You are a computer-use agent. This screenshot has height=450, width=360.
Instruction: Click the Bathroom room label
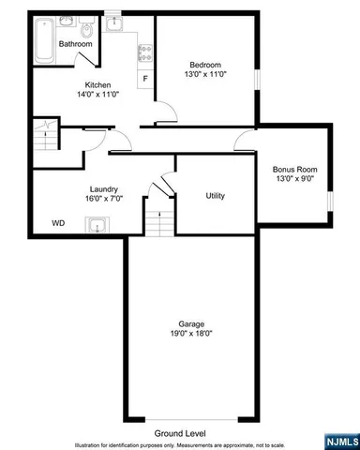pos(75,44)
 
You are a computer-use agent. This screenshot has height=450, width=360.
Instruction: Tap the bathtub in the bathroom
pos(44,38)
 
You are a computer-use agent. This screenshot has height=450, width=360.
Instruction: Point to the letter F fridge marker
pos(144,78)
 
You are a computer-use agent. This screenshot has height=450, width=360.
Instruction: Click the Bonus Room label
pos(294,170)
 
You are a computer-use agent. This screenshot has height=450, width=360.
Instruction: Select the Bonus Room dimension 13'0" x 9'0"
pos(294,180)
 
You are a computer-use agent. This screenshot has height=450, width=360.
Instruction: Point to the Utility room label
pos(215,195)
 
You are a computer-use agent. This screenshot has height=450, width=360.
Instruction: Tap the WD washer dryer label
pos(58,223)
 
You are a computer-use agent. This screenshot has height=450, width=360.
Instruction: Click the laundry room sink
pos(97,223)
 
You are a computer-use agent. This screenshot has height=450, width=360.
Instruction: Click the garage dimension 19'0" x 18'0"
pos(191,333)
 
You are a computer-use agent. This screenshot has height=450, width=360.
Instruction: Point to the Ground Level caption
pos(182,433)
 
